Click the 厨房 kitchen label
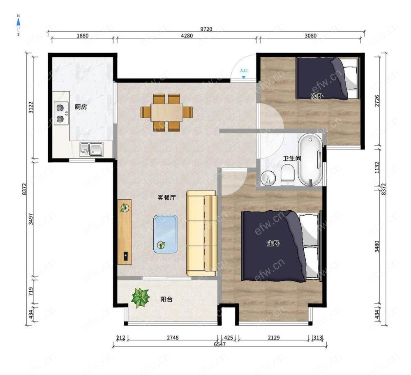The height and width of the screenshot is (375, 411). (x=81, y=107)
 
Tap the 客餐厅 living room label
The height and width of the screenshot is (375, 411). (x=166, y=198)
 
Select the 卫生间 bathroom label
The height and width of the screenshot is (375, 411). (x=292, y=159)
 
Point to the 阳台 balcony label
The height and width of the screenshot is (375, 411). (x=166, y=299)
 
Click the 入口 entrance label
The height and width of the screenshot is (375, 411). (x=244, y=71)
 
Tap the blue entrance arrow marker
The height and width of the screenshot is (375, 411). (x=244, y=77)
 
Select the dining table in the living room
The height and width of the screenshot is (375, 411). (x=167, y=113)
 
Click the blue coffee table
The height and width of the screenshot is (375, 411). (x=165, y=234)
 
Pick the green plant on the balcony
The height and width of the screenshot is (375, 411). (x=141, y=298)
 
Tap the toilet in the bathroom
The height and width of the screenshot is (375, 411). (x=288, y=175)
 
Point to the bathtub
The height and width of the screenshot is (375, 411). (x=310, y=160)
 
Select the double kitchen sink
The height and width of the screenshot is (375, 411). (x=92, y=149)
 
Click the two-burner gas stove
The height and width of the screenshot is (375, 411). (x=61, y=113)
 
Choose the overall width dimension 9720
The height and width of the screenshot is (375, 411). (x=206, y=29)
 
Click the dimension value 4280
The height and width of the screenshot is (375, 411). (x=187, y=36)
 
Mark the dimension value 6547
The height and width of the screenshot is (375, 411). (x=219, y=344)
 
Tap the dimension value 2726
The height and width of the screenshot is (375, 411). (x=377, y=101)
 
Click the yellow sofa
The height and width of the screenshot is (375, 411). (x=202, y=234)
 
